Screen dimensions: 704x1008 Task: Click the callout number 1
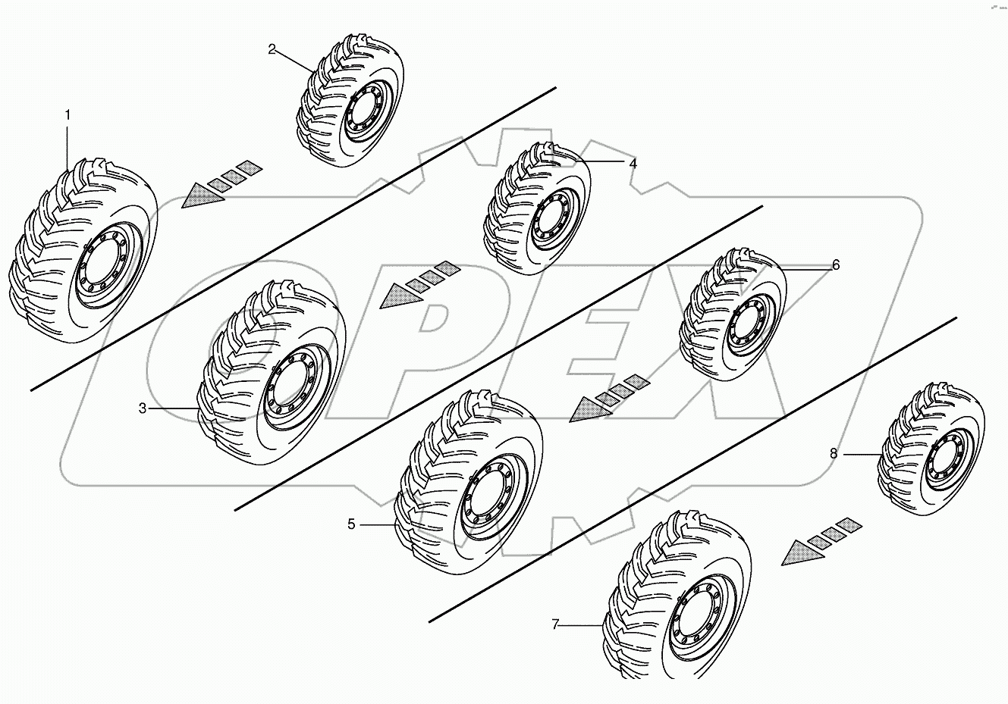point(68,114)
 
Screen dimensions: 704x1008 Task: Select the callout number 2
point(272,50)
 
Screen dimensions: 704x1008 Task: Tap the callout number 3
point(142,408)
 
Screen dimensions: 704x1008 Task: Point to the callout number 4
point(632,163)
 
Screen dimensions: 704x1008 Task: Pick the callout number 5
point(351,524)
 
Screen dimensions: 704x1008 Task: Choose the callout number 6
point(836,264)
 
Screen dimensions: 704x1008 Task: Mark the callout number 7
point(555,624)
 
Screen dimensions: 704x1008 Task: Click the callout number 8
point(833,453)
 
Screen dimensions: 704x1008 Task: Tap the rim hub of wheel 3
point(292,383)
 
